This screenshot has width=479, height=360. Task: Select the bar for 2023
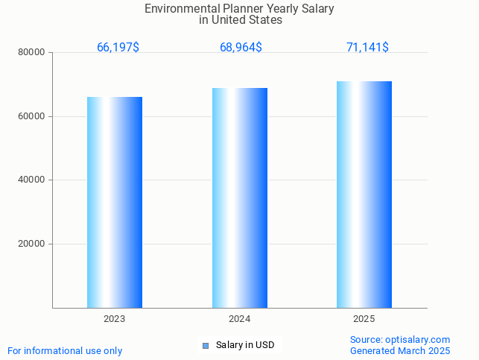pyautogui.click(x=115, y=202)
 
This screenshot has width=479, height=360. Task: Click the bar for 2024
pyautogui.click(x=239, y=198)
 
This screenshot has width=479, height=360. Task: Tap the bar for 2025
pyautogui.click(x=364, y=194)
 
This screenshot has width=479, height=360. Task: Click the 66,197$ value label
pyautogui.click(x=118, y=47)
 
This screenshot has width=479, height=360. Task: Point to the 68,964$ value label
pyautogui.click(x=241, y=47)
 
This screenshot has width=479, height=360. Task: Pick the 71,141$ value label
pyautogui.click(x=367, y=47)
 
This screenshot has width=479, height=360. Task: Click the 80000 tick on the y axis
pyautogui.click(x=33, y=53)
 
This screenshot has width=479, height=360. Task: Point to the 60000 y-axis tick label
pyautogui.click(x=33, y=116)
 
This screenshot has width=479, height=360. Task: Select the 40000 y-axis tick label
pyautogui.click(x=33, y=180)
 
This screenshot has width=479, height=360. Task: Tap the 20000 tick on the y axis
pyautogui.click(x=33, y=244)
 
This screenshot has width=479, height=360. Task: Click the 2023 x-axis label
pyautogui.click(x=115, y=318)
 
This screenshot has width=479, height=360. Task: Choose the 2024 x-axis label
pyautogui.click(x=239, y=318)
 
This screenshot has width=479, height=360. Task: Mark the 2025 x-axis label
pyautogui.click(x=364, y=318)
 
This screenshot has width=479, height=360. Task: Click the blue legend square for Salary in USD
pyautogui.click(x=206, y=345)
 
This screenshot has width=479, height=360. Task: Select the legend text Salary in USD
pyautogui.click(x=245, y=345)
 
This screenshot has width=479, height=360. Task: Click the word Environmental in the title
pyautogui.click(x=177, y=9)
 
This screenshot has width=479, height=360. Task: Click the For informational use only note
pyautogui.click(x=65, y=350)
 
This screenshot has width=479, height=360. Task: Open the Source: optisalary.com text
pyautogui.click(x=400, y=339)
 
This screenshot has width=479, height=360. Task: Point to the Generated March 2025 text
pyautogui.click(x=400, y=350)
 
